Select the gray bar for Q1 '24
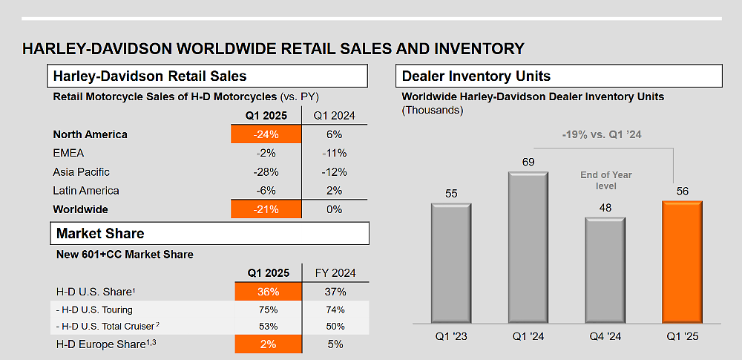pyautogui.click(x=528, y=248)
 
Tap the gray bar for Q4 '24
pyautogui.click(x=605, y=270)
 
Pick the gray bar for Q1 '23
pyautogui.click(x=451, y=264)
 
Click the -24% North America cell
pyautogui.click(x=266, y=134)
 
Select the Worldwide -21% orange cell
pyautogui.click(x=266, y=209)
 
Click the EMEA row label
pyautogui.click(x=69, y=153)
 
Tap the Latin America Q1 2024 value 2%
pyautogui.click(x=334, y=191)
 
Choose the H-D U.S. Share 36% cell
pyautogui.click(x=269, y=292)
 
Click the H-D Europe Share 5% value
pyautogui.click(x=334, y=344)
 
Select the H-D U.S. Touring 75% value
pyautogui.click(x=269, y=310)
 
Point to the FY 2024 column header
pyautogui.click(x=334, y=272)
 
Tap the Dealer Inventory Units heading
pyautogui.click(x=476, y=76)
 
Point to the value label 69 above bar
pyautogui.click(x=528, y=162)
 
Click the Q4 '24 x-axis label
pyautogui.click(x=605, y=336)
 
